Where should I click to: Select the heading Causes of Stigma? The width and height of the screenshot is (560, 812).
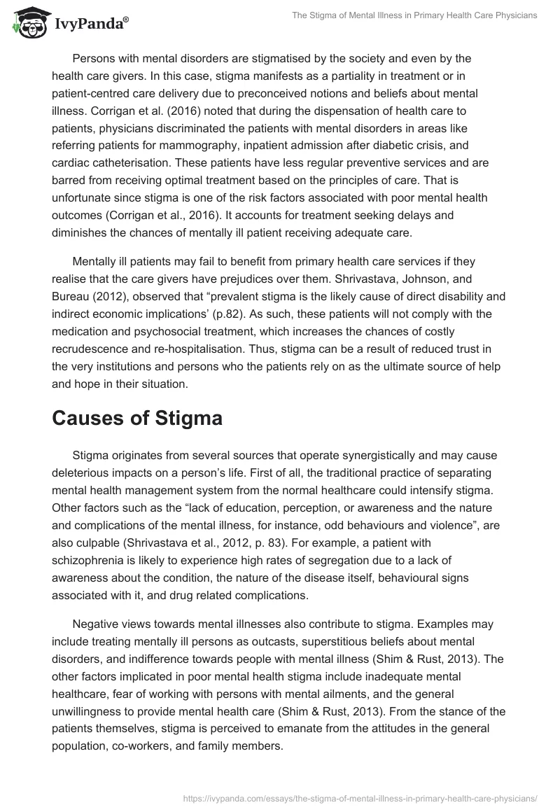click(x=137, y=419)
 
